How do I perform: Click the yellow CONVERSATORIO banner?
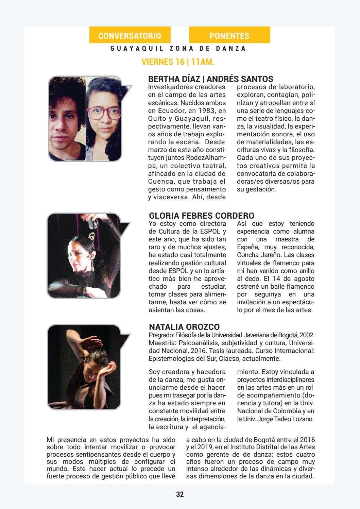pyautogui.click(x=130, y=36)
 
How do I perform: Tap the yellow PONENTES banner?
pyautogui.click(x=229, y=36)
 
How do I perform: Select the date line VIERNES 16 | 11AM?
pyautogui.click(x=178, y=62)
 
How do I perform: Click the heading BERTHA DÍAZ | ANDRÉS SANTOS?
pyautogui.click(x=211, y=79)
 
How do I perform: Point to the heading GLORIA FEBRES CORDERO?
pyautogui.click(x=202, y=216)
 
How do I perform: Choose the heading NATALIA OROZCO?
pyautogui.click(x=184, y=327)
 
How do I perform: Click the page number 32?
pyautogui.click(x=180, y=494)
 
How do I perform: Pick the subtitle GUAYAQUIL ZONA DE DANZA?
pyautogui.click(x=178, y=49)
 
